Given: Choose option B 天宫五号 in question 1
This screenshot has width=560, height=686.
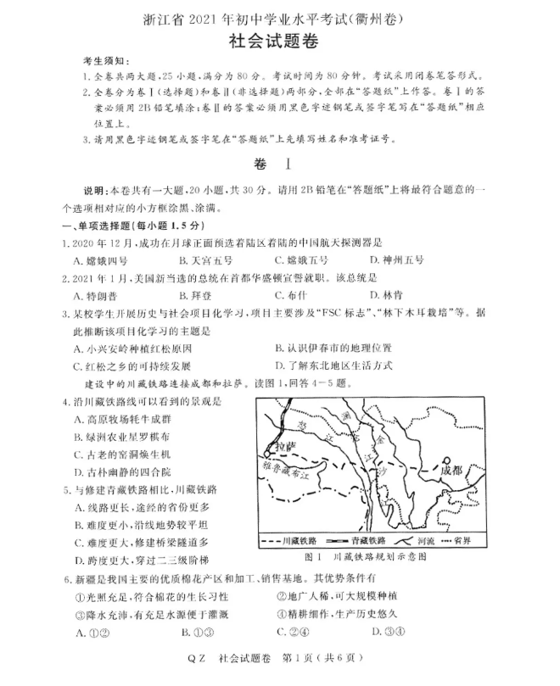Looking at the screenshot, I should coord(208,259).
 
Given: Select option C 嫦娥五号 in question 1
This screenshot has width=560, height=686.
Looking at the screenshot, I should coord(302,259).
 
